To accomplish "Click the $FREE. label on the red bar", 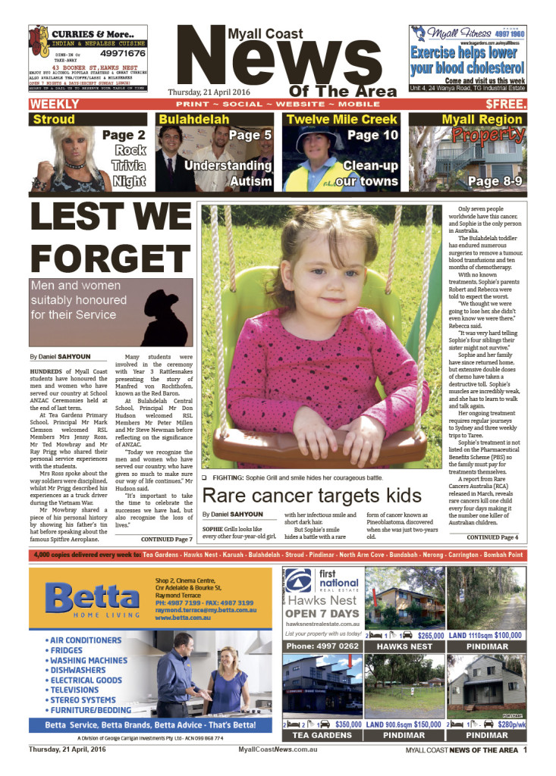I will [503, 103].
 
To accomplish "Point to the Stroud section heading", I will [53, 119].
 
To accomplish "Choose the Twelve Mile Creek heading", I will [341, 119].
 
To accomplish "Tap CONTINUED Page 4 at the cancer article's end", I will [492, 537].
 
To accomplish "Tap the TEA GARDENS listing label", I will [322, 735].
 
